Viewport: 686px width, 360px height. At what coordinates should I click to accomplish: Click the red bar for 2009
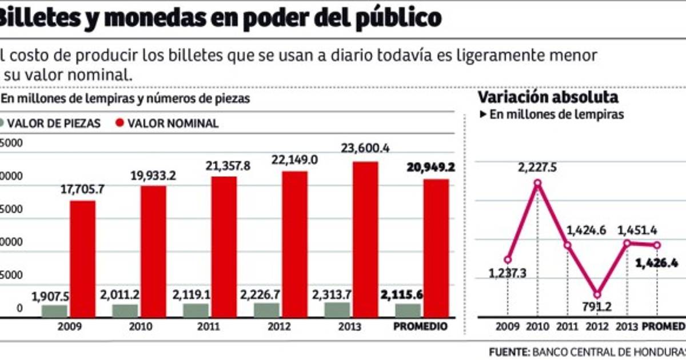[x=83, y=258]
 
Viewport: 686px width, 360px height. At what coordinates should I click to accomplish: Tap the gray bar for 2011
[x=196, y=310]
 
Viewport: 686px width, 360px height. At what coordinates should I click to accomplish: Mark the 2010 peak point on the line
[x=537, y=183]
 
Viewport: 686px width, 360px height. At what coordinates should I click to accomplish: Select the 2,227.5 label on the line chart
[x=537, y=167]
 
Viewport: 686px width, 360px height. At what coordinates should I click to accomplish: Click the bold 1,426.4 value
[x=657, y=263]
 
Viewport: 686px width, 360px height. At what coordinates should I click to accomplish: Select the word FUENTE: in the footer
[x=509, y=351]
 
